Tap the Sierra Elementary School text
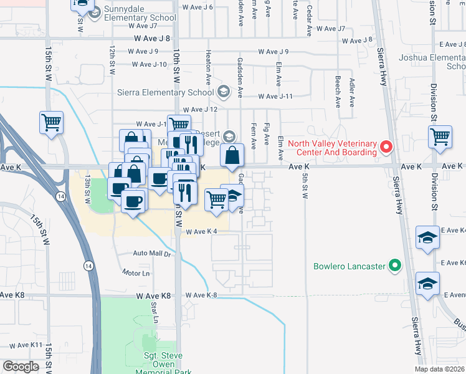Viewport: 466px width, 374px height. pos(166,92)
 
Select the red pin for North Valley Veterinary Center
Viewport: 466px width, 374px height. pos(386,147)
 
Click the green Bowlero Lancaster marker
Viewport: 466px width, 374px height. pos(394,267)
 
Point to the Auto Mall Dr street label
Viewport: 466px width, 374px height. pos(152,254)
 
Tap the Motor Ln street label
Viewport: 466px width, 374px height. pos(136,273)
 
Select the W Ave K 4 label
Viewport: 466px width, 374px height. pos(201,232)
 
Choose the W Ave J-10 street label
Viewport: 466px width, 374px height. pos(150,64)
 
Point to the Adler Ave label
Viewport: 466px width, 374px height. pos(352,92)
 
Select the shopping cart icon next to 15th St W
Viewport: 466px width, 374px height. pos(52,122)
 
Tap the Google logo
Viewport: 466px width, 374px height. pos(21,367)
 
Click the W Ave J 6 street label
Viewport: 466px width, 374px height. pos(198,7)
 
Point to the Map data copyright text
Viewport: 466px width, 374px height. pos(439,369)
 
